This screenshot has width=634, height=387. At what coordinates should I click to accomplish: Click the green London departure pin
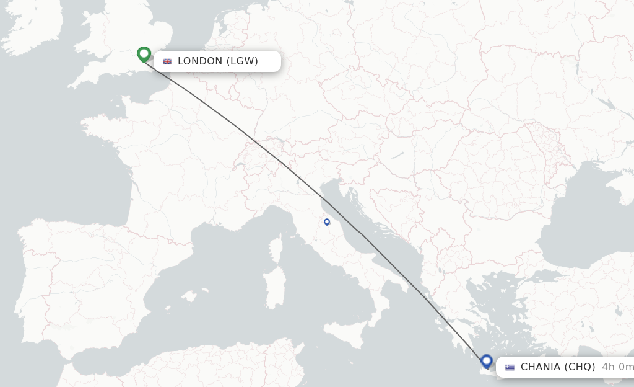pos(144,54)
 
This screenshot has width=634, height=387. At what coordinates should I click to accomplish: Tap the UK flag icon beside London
pos(167,61)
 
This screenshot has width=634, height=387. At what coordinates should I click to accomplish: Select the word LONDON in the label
pos(199,61)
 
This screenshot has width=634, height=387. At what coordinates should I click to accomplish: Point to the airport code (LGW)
pos(242,61)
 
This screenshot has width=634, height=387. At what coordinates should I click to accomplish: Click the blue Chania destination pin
pos(486,360)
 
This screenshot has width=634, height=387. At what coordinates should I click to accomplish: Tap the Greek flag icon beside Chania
pos(510,367)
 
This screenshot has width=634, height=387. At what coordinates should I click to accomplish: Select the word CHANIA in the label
pos(541,367)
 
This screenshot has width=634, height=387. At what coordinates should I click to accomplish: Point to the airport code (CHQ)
pos(580,367)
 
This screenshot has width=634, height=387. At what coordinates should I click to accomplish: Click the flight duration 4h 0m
pos(617,367)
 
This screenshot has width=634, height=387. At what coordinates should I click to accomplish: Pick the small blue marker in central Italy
pos(327,221)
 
